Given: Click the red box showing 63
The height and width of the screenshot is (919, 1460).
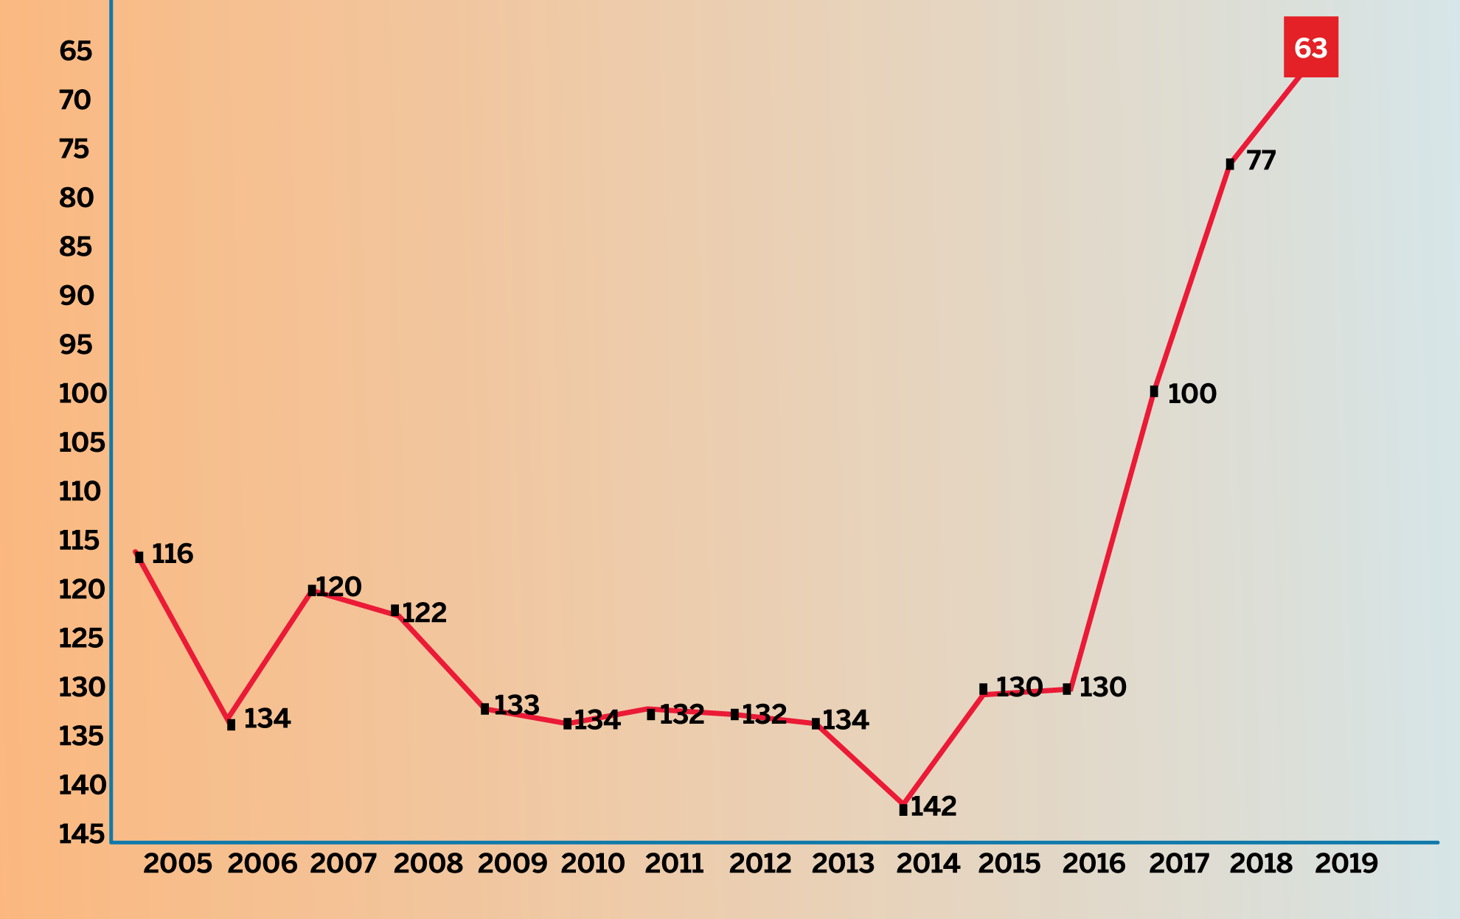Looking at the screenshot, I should pyautogui.click(x=1310, y=47).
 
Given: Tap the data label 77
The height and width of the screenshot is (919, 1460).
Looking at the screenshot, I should pyautogui.click(x=1261, y=161).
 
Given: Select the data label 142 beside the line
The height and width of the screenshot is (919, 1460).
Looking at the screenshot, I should pyautogui.click(x=934, y=806).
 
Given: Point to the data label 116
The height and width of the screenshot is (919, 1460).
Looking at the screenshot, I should pyautogui.click(x=173, y=553).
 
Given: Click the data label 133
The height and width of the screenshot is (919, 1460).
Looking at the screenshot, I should pyautogui.click(x=516, y=705).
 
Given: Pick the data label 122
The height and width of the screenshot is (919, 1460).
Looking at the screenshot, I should pyautogui.click(x=424, y=612).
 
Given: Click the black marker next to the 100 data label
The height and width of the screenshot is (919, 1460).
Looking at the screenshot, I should pyautogui.click(x=1154, y=391).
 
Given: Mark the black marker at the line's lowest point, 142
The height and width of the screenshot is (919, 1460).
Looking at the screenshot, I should pyautogui.click(x=903, y=809).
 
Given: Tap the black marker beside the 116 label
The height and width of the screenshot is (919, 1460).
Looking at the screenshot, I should pyautogui.click(x=139, y=557).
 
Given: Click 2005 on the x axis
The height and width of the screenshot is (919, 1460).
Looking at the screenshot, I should pyautogui.click(x=178, y=864).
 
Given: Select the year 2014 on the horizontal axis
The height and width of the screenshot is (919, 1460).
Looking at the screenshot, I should pyautogui.click(x=928, y=864).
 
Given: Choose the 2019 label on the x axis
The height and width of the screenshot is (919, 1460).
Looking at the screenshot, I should pyautogui.click(x=1346, y=864).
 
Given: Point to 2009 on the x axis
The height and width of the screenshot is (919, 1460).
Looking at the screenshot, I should pyautogui.click(x=512, y=864).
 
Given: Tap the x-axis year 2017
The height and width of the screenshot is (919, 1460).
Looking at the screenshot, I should pyautogui.click(x=1178, y=864).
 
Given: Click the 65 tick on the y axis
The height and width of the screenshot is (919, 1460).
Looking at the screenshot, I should pyautogui.click(x=76, y=51).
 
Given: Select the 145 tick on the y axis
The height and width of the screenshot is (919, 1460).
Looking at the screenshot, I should pyautogui.click(x=81, y=834).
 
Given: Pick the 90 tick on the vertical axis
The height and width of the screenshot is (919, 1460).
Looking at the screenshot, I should pyautogui.click(x=77, y=296).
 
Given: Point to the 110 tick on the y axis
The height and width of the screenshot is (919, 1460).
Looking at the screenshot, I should pyautogui.click(x=80, y=492).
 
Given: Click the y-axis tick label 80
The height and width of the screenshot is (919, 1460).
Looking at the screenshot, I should pyautogui.click(x=77, y=198).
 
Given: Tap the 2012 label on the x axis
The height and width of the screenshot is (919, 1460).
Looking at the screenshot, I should pyautogui.click(x=759, y=864).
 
